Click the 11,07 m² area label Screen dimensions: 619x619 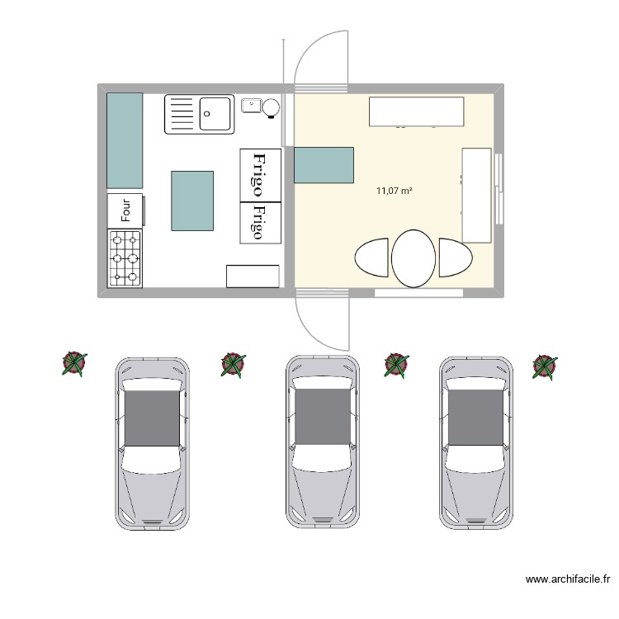[x=394, y=191]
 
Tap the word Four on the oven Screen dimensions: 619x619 [x=126, y=210]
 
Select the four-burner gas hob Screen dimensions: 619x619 [x=125, y=258]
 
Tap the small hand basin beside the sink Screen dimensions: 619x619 [x=250, y=105]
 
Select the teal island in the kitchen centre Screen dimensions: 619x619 [x=192, y=201]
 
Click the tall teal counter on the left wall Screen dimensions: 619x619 [x=125, y=140]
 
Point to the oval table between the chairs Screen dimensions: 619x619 [x=413, y=258]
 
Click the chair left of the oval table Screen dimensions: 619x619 [x=372, y=258]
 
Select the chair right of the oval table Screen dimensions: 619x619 [x=454, y=258]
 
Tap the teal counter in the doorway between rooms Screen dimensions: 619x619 [x=324, y=165]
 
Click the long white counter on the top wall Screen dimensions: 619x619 [x=415, y=111]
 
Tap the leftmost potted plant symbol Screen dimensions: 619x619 [x=74, y=363]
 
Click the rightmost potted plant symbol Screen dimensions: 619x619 [x=545, y=366]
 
